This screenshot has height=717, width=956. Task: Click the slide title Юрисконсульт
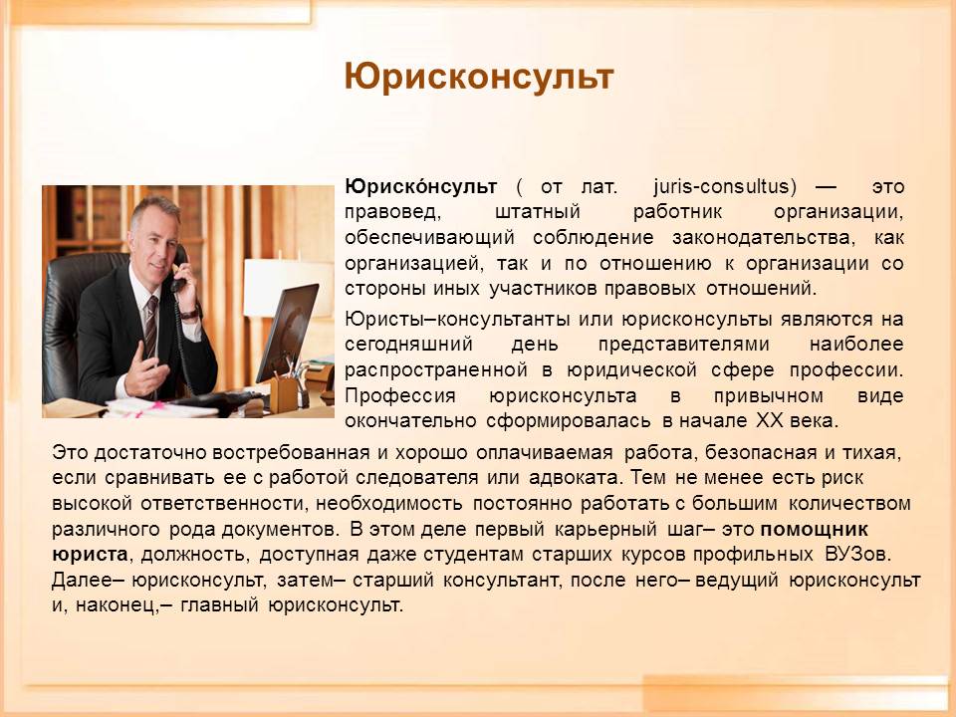pyautogui.click(x=479, y=78)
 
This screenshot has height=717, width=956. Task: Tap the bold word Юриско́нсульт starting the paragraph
pyautogui.click(x=420, y=186)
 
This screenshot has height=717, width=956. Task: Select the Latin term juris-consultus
pyautogui.click(x=725, y=186)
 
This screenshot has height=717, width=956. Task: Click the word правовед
pyautogui.click(x=391, y=213)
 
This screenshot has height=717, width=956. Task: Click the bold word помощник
pyautogui.click(x=814, y=529)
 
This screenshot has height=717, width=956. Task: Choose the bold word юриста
pyautogui.click(x=90, y=555)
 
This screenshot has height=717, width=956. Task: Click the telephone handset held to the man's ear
pyautogui.click(x=178, y=268)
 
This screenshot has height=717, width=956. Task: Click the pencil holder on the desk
pyautogui.click(x=284, y=394)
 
